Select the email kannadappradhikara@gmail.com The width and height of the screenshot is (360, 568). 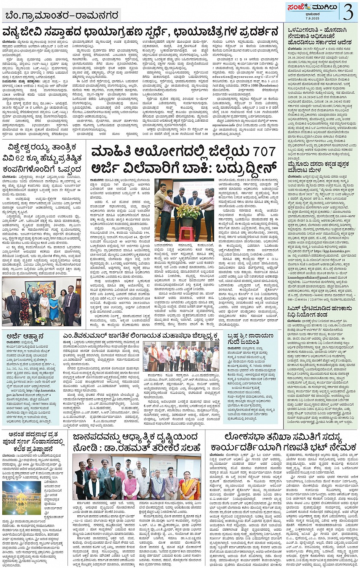pos(310,277)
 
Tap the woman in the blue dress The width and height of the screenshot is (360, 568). pos(54,305)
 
